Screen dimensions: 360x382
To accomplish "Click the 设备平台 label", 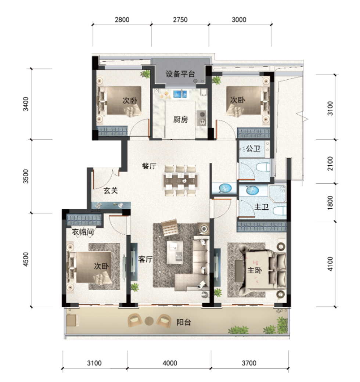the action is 180,73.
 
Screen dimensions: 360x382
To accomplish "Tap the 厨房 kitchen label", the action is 180,119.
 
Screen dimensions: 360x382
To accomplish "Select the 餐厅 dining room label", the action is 149,166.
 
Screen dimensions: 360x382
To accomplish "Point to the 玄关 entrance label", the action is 111,190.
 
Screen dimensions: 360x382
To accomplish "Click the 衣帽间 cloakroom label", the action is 83,232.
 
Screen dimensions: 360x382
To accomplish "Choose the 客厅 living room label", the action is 145,259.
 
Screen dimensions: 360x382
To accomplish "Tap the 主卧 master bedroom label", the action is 255,270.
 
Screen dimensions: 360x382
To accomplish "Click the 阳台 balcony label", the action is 184,322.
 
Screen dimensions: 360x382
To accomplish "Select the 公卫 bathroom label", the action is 253,148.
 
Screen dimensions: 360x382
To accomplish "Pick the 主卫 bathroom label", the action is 261,207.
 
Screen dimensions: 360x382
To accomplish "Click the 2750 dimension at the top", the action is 180,19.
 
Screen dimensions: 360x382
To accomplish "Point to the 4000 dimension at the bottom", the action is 170,363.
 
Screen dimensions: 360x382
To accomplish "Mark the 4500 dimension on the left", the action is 26,259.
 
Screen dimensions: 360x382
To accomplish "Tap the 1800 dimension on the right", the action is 330,202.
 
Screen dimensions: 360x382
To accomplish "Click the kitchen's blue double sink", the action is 180,94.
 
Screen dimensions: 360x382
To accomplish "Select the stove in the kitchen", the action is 201,118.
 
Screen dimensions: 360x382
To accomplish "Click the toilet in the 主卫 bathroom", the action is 280,211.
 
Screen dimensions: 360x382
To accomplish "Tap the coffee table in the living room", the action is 175,253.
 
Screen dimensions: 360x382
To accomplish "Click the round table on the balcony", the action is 149,321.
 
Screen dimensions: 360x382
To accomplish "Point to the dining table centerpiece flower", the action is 184,181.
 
